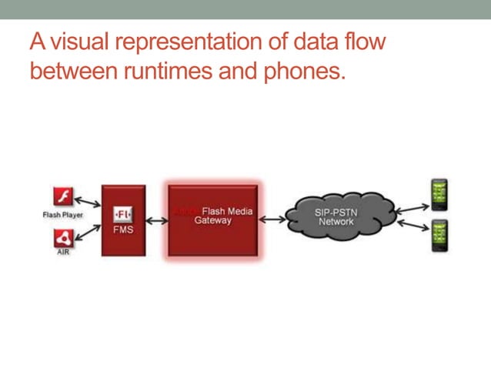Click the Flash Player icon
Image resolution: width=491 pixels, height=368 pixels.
[63, 196]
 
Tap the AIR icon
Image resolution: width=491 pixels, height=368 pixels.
[63, 238]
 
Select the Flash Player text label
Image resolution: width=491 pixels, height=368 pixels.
[63, 215]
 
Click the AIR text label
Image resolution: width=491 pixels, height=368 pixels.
[63, 253]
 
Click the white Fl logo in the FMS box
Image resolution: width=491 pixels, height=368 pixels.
[123, 213]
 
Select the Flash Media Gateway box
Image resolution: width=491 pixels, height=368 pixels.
[213, 219]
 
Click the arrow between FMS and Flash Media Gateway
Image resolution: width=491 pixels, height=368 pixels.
[158, 221]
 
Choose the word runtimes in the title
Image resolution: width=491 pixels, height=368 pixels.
[142, 72]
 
